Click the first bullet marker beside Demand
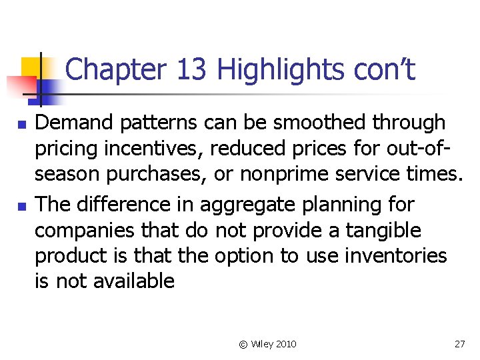click(x=22, y=125)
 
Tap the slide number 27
click(x=459, y=344)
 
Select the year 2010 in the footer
click(x=286, y=344)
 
